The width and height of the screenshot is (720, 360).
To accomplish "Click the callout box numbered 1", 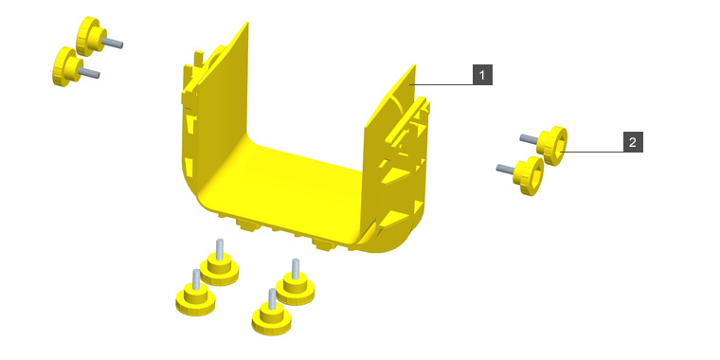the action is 482,75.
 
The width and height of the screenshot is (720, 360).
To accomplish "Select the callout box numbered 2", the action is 633,142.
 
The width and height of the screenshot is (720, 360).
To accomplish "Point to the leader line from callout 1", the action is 441,85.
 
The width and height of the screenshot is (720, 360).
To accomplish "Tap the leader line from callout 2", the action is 591,152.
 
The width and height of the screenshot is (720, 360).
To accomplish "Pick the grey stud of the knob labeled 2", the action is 529,138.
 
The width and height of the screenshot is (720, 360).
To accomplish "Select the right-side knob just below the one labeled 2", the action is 529,176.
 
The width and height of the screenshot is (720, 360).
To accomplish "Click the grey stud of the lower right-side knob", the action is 506,169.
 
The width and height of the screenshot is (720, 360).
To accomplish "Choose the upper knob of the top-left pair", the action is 91,36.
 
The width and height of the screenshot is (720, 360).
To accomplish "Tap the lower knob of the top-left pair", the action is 67,66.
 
